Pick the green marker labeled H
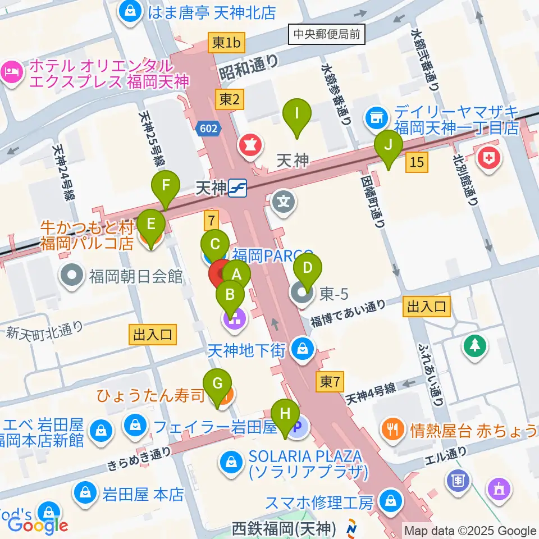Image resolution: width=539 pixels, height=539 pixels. (286, 417)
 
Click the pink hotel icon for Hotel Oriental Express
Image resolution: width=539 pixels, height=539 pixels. (11, 71)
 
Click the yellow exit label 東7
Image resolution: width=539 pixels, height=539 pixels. (329, 382)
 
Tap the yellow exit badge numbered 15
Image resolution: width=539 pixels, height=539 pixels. (417, 163)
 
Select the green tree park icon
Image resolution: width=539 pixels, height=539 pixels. (475, 345)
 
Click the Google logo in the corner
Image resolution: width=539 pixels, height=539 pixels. (38, 524)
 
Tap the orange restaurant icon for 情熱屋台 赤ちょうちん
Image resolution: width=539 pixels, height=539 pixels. (391, 430)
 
